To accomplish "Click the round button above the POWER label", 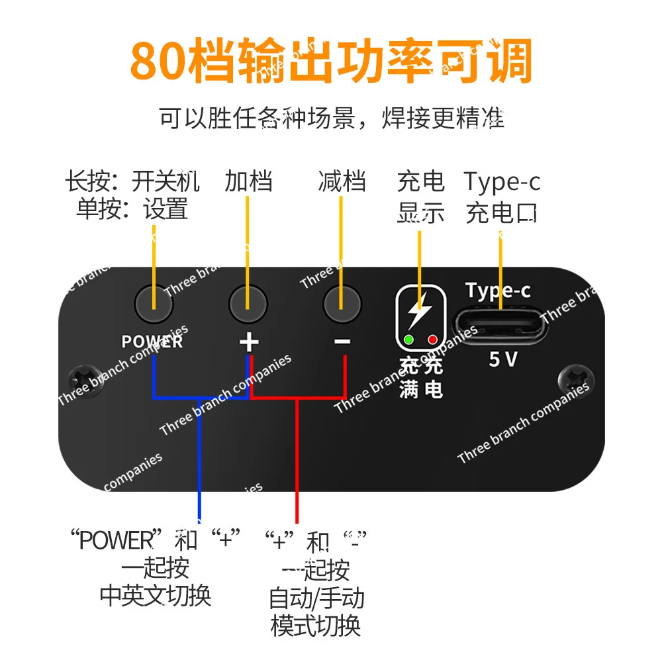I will tap(154, 304).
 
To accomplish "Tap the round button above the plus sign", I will tap(248, 304).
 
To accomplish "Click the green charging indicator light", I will tap(408, 340).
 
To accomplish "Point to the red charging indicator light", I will tap(433, 340).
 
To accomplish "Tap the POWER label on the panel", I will tap(152, 342).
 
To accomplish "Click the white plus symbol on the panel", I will tap(248, 342).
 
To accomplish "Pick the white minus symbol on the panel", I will tap(342, 342).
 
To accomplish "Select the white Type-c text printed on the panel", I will tap(498, 291).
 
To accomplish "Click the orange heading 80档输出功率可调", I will tap(331, 61).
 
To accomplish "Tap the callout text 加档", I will tap(248, 181).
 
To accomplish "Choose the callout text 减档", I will tap(342, 181).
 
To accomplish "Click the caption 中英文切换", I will tap(156, 595).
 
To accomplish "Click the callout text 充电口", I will tap(501, 213).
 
